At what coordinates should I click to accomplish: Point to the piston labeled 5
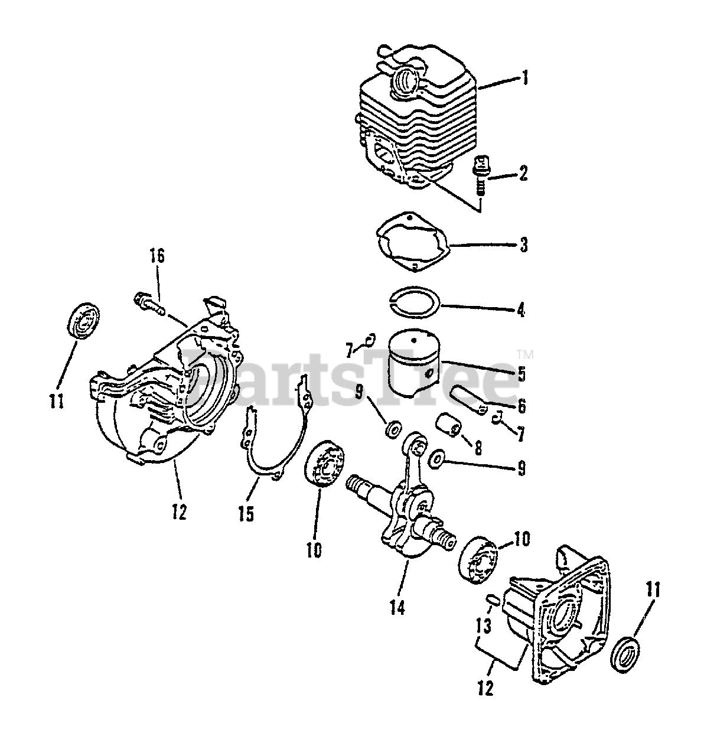[x=416, y=361]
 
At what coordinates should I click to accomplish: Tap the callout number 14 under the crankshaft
[x=397, y=607]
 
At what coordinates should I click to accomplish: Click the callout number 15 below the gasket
[x=246, y=514]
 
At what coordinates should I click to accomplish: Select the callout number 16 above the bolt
[x=157, y=258]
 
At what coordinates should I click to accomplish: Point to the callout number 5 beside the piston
[x=522, y=373]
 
